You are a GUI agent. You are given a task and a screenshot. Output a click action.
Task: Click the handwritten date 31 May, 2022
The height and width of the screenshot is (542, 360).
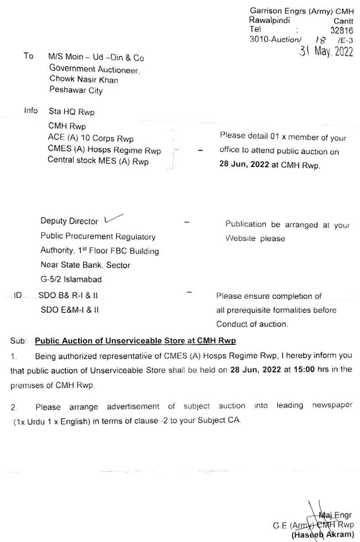click(x=326, y=51)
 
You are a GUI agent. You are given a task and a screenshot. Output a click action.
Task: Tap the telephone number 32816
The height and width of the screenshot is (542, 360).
click(x=342, y=30)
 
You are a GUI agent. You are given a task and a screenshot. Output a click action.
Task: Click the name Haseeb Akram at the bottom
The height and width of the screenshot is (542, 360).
click(x=323, y=535)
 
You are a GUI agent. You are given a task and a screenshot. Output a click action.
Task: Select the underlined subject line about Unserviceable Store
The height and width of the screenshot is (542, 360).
click(x=135, y=341)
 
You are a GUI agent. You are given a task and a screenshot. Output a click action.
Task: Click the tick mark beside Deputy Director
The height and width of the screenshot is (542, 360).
click(x=113, y=219)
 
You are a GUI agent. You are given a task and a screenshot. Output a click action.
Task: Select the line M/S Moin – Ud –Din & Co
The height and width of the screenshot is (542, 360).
click(x=96, y=58)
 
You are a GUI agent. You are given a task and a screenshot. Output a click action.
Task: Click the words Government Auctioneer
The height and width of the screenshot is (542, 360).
click(x=94, y=69)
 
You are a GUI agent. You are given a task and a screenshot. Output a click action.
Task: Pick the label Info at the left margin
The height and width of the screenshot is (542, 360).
click(x=31, y=110)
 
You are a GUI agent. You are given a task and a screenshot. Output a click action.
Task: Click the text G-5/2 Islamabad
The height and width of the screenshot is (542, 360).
click(x=71, y=279)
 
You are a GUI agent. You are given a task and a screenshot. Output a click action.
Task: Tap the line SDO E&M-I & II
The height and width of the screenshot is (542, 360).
click(x=69, y=310)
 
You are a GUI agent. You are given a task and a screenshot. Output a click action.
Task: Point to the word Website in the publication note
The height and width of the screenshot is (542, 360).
click(x=241, y=238)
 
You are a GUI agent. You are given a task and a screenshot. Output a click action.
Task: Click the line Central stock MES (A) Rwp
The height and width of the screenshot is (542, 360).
click(x=98, y=161)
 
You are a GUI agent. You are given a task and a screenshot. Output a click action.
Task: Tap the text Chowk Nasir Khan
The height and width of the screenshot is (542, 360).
click(x=84, y=80)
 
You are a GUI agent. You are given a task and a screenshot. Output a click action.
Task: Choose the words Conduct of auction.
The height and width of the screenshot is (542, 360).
click(x=252, y=324)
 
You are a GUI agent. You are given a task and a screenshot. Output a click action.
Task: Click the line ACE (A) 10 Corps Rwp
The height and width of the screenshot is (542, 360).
click(x=90, y=138)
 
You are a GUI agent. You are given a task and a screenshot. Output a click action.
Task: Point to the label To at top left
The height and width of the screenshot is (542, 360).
click(x=28, y=56)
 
